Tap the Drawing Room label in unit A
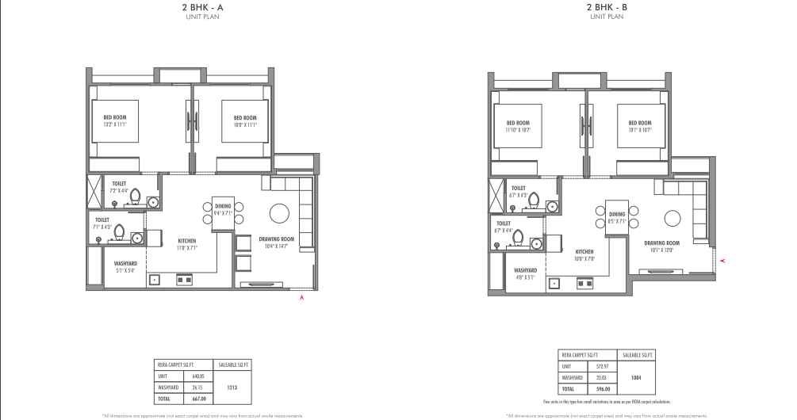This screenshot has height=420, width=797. pos(277,239)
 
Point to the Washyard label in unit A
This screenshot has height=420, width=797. pos(125,263)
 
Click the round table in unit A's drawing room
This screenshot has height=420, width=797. pos(279,214)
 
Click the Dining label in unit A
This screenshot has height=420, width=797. pos(223,206)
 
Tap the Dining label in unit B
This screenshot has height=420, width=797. pos(617,214)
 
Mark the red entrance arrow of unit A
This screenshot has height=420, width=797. pos(301,298)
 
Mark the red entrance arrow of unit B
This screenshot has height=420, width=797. pos(721,260)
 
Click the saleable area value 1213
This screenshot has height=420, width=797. pos(232,388)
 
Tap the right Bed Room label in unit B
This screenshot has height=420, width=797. pos(639,124)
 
